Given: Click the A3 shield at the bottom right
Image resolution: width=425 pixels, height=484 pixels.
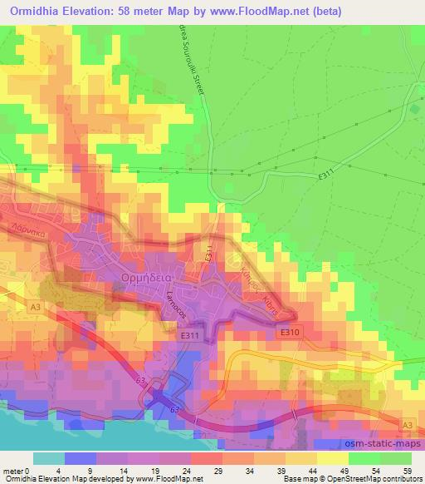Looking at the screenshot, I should coord(407,425).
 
